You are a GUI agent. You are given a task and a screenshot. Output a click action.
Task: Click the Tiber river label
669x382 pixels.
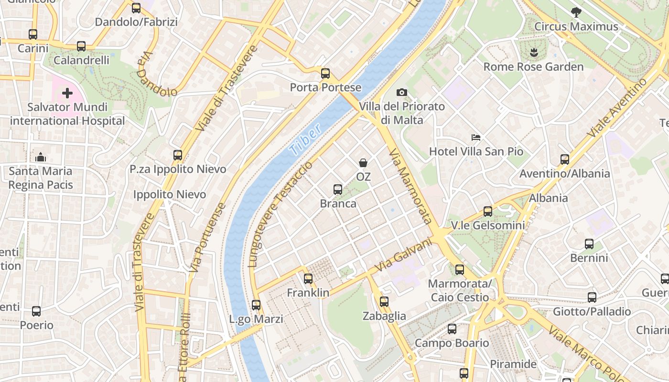click(306, 140)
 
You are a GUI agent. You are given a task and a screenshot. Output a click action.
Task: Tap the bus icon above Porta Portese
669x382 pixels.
click(325, 74)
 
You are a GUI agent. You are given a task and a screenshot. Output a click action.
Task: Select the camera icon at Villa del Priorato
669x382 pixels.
click(402, 92)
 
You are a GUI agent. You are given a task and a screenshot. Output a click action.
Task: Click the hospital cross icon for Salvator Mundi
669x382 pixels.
click(67, 93)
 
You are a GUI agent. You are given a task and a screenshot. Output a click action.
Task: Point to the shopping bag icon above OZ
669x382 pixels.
click(363, 163)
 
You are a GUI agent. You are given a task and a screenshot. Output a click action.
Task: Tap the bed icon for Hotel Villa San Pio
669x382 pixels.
click(476, 138)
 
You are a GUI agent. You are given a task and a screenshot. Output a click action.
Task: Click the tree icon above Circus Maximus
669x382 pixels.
click(576, 12)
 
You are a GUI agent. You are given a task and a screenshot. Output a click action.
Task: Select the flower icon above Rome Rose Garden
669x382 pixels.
click(533, 52)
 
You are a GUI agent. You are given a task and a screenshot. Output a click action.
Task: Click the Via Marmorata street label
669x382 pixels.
click(410, 186)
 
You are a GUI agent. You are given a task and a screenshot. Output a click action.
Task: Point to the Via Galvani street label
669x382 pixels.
click(403, 255)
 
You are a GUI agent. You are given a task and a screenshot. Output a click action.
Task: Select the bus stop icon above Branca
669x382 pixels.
click(338, 190)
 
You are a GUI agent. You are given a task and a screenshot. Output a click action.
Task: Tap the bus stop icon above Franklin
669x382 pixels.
click(308, 279)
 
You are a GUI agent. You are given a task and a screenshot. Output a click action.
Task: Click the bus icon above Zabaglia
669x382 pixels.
click(384, 302)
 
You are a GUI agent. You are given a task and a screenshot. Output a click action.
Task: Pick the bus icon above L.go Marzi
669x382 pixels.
click(256, 305)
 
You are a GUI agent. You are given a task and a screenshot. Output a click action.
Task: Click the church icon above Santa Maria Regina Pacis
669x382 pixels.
click(41, 157)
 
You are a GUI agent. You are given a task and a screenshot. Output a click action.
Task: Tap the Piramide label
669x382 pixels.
click(513, 364)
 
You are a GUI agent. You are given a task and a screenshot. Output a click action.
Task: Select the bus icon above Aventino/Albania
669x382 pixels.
click(565, 159)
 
